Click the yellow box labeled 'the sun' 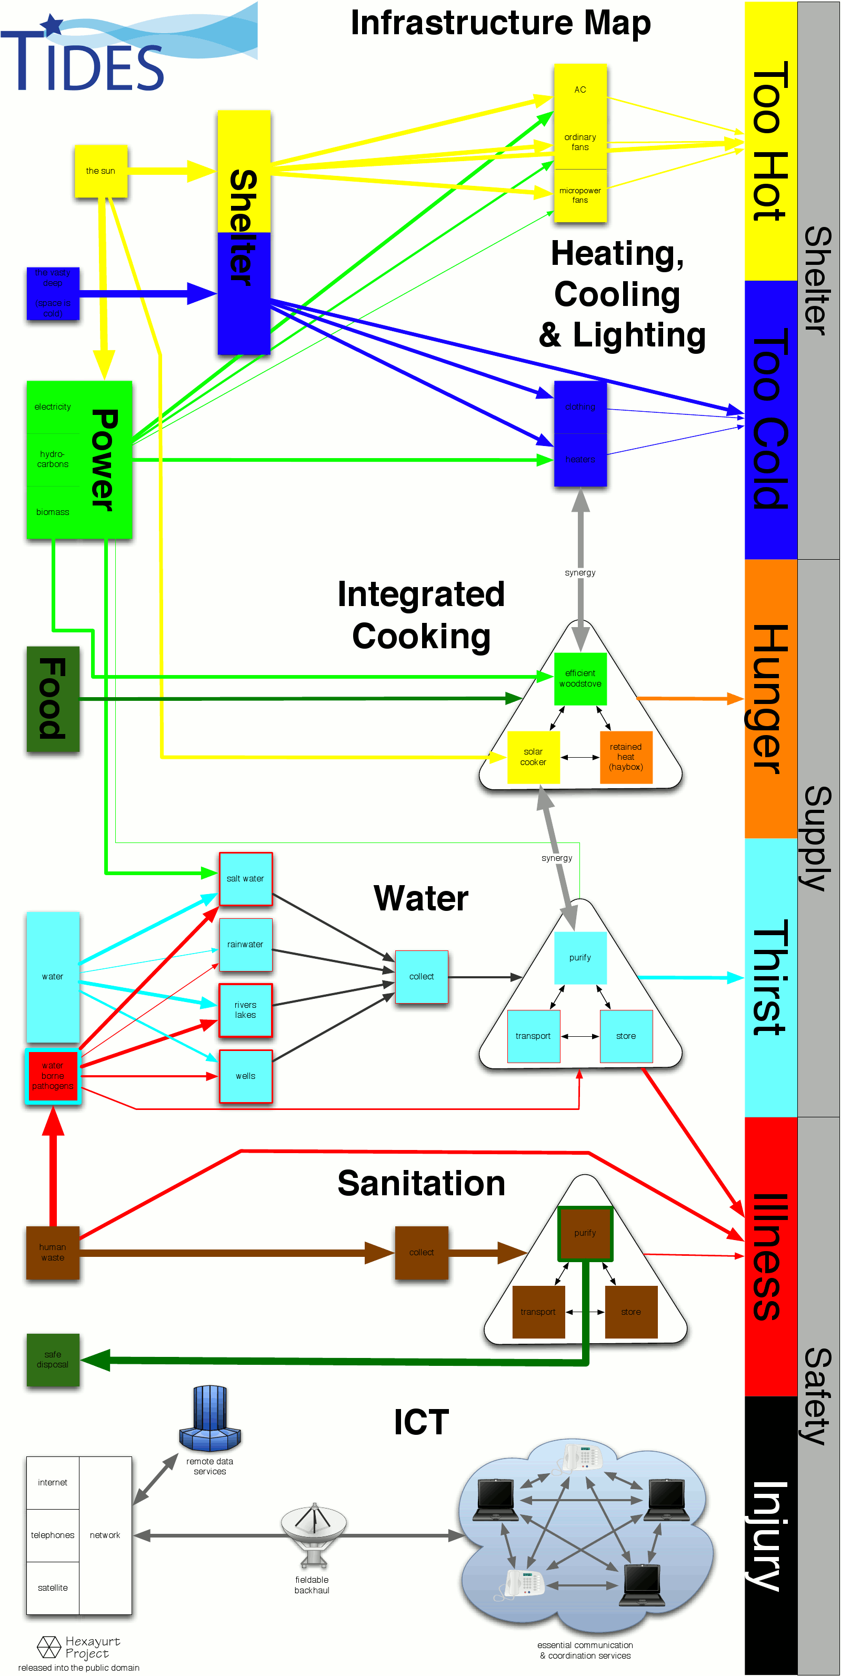[x=101, y=171]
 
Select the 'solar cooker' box [x=533, y=757]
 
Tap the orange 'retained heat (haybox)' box [x=626, y=757]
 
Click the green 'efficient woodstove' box [x=580, y=679]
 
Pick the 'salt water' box [x=245, y=878]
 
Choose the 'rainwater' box [x=245, y=944]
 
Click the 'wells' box [x=245, y=1076]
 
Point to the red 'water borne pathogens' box [x=53, y=1076]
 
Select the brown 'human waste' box [x=53, y=1253]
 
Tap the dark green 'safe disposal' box [x=53, y=1360]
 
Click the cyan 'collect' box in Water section [x=422, y=977]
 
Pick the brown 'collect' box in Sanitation [x=422, y=1253]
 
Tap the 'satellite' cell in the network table [x=53, y=1588]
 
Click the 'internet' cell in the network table [x=53, y=1482]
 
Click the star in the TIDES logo [x=52, y=25]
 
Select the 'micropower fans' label [x=580, y=195]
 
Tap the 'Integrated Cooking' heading [x=421, y=615]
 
